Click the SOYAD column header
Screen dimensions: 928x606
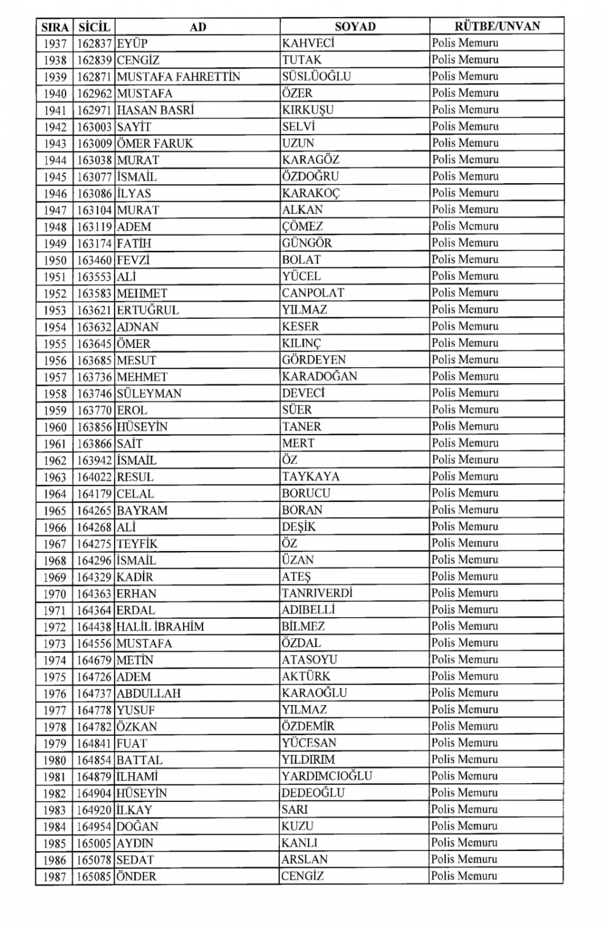(355, 27)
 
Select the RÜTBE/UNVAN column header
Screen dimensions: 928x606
(497, 26)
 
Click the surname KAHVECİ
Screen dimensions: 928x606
(308, 43)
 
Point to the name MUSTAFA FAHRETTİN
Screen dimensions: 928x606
(178, 77)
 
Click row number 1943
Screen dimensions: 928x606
(55, 144)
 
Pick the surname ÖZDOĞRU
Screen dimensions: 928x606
(310, 176)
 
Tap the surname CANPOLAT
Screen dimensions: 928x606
(313, 293)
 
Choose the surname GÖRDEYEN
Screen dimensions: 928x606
(313, 359)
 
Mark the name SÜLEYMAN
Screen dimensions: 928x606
(149, 393)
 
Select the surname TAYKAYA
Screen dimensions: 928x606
(310, 476)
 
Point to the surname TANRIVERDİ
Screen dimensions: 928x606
(316, 593)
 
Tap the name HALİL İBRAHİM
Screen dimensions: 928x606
(160, 627)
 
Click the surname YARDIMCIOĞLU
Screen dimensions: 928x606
(327, 776)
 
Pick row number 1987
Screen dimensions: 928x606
(55, 876)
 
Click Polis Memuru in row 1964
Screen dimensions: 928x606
(465, 493)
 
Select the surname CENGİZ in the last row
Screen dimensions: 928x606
(302, 876)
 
